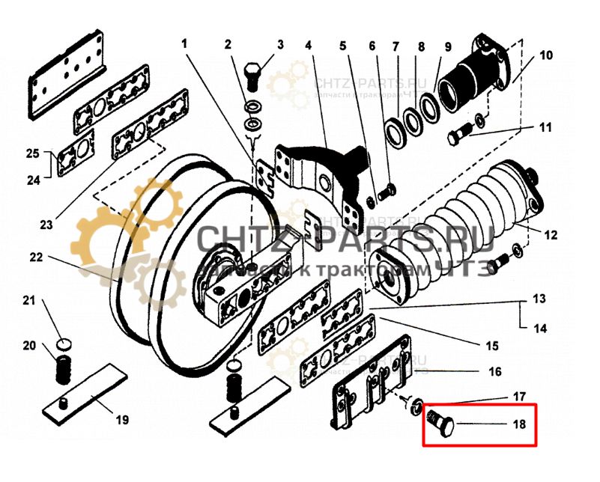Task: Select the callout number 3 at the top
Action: (280, 45)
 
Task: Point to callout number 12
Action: (551, 236)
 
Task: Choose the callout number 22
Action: (36, 256)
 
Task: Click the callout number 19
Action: (122, 420)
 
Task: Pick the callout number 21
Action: (28, 301)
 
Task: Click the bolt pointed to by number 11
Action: (456, 138)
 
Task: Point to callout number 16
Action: (495, 371)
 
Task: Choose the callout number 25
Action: (31, 155)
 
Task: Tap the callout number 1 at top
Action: (184, 45)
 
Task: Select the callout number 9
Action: (447, 45)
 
